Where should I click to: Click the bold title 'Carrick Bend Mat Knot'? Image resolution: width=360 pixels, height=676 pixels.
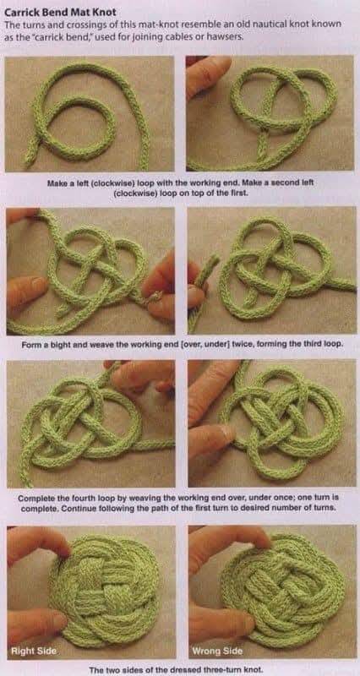coord(60,13)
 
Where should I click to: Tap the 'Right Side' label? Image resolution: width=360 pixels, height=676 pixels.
coord(34,650)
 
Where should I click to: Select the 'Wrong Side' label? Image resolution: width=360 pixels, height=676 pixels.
coord(218,650)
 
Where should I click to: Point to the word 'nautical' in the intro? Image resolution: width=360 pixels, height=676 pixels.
coord(263,25)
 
